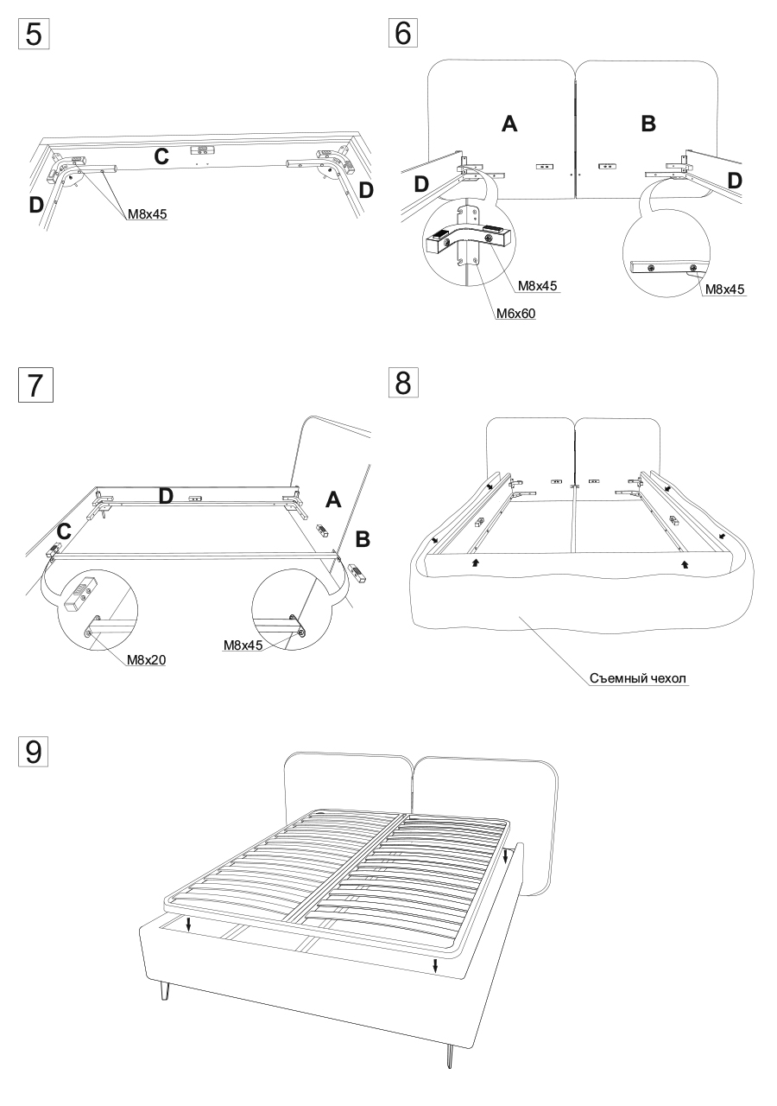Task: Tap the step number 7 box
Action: pyautogui.click(x=35, y=385)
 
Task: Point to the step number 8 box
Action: pyautogui.click(x=402, y=382)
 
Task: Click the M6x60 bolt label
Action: pyautogui.click(x=516, y=315)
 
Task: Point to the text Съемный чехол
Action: pyautogui.click(x=638, y=679)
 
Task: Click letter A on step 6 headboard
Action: pyautogui.click(x=509, y=124)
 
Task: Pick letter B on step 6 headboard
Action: pyautogui.click(x=648, y=124)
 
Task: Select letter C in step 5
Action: pyautogui.click(x=161, y=156)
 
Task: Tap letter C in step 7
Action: pyautogui.click(x=63, y=532)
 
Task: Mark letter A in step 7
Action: pyautogui.click(x=333, y=499)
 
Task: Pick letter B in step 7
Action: pyautogui.click(x=363, y=539)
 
